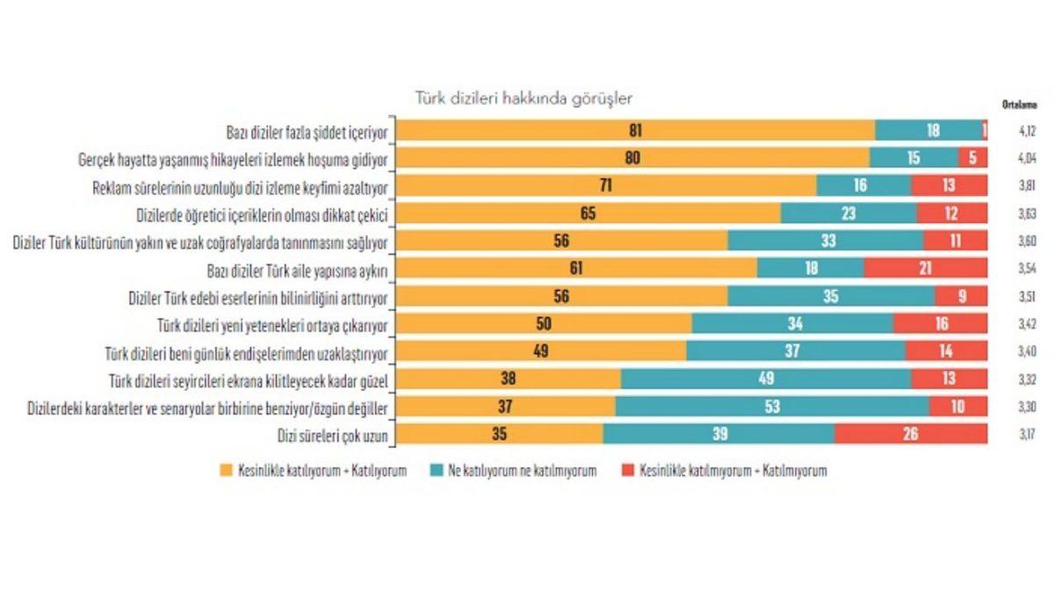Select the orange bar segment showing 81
point(635,131)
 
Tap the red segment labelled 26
point(911,433)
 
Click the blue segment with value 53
point(773,406)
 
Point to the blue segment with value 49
point(765,379)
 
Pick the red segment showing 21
point(925,269)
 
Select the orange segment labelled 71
point(605,185)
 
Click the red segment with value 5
point(972,158)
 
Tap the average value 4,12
point(1027,131)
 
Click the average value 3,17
point(1027,433)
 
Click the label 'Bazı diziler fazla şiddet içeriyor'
point(307,132)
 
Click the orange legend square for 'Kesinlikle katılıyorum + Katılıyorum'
point(226,471)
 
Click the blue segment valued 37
point(795,351)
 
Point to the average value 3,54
point(1027,269)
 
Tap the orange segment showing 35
point(499,433)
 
